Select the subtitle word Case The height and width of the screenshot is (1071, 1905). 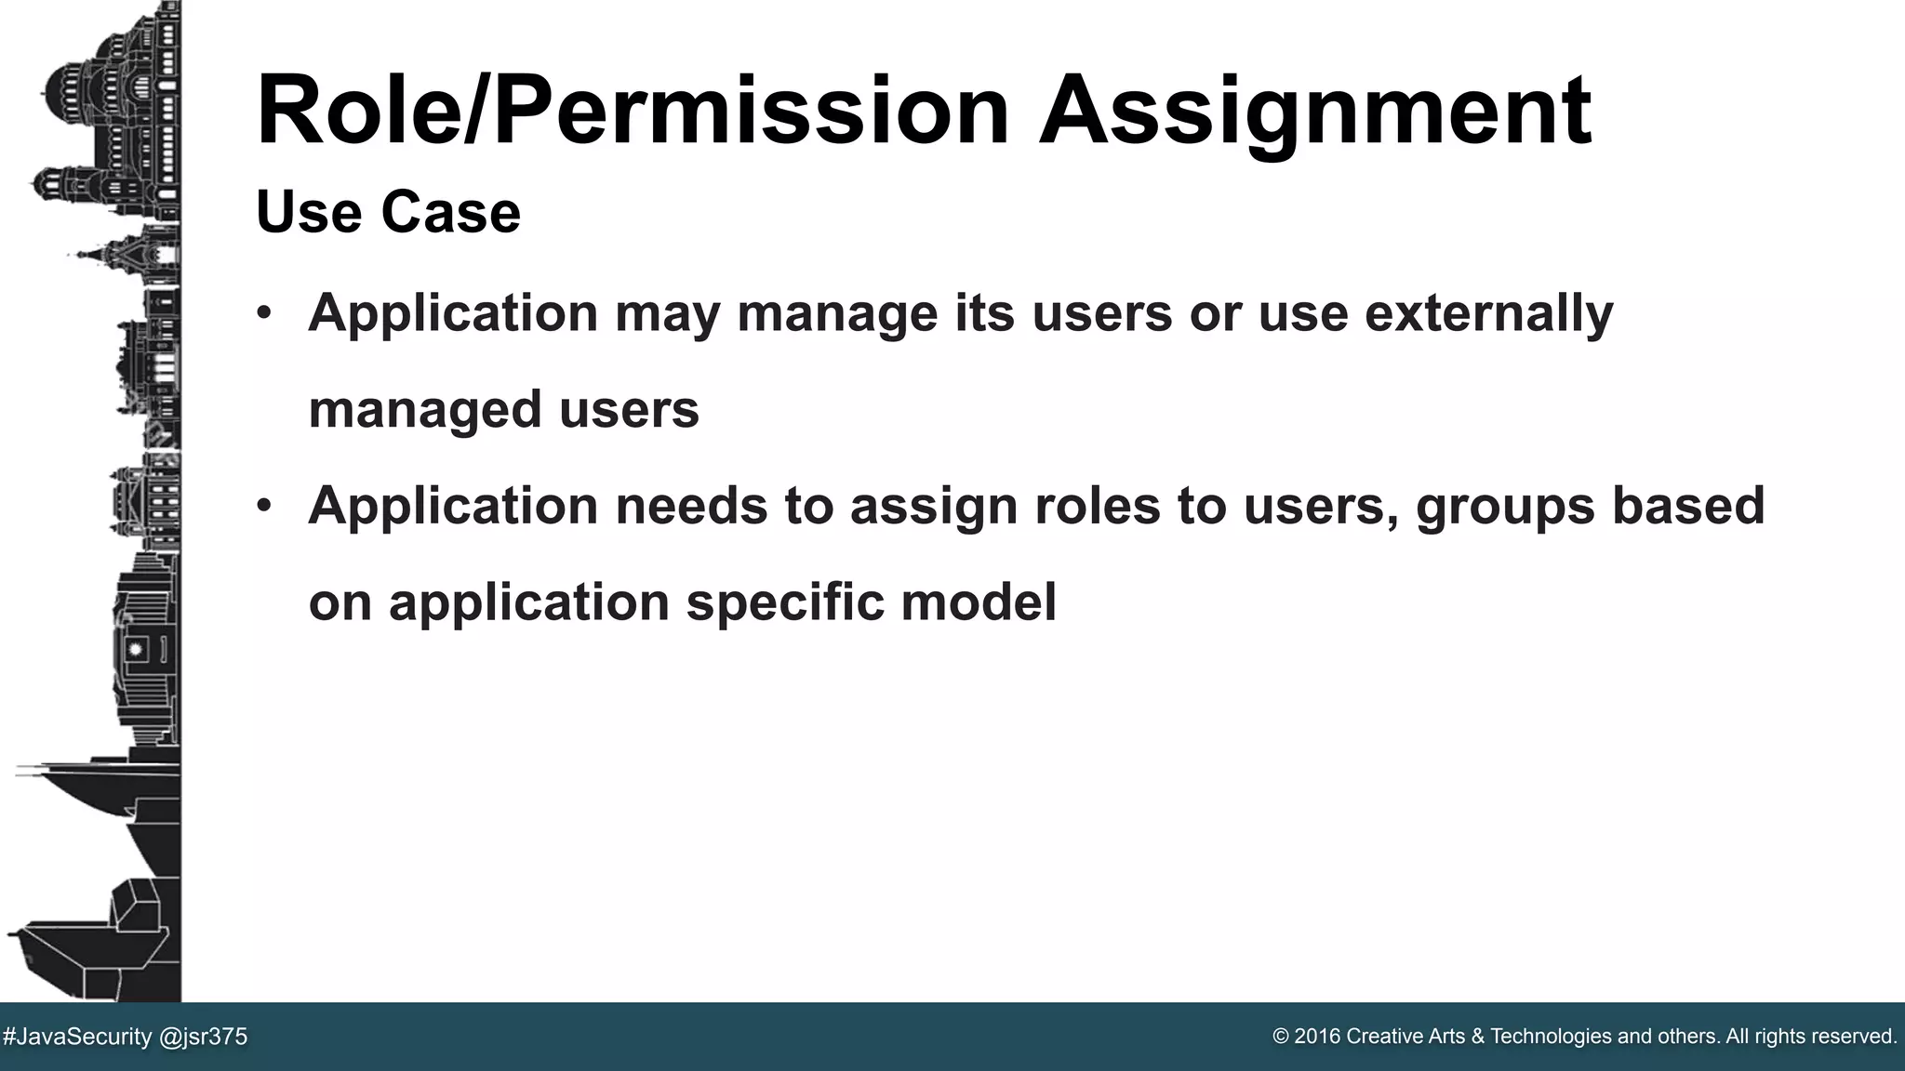coord(450,212)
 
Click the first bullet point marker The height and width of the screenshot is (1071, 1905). coord(264,312)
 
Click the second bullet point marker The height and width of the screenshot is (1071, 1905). coord(264,505)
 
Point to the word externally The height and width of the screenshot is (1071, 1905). coord(1488,312)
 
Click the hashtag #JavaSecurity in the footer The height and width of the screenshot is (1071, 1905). coord(77,1037)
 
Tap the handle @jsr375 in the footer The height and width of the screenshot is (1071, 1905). coord(204,1037)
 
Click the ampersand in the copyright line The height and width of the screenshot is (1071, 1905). coord(1478,1037)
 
